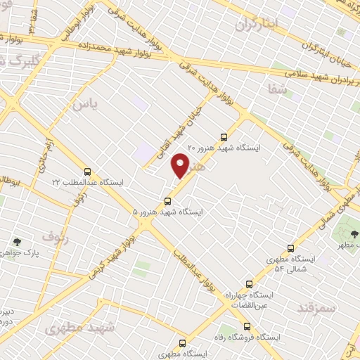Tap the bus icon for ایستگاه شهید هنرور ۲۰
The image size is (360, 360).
coord(224,137)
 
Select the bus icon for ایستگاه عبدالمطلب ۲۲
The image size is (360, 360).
coord(87,171)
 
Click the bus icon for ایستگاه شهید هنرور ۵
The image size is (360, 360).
coord(167,200)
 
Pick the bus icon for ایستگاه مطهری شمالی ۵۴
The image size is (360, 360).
coord(290,248)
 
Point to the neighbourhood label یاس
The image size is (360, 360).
coord(82,104)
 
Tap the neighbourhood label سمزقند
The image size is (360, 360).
coord(317,307)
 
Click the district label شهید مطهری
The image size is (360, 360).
coord(74,328)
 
